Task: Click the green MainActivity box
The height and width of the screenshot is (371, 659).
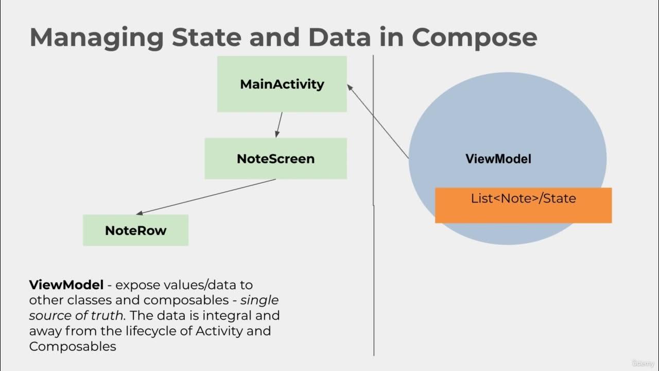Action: [x=282, y=84]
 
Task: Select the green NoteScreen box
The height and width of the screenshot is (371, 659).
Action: [x=275, y=158]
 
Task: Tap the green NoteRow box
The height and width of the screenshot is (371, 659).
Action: [x=135, y=230]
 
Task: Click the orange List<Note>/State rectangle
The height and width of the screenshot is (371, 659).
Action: [x=523, y=205]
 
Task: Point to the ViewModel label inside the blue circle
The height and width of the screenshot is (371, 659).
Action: [x=498, y=159]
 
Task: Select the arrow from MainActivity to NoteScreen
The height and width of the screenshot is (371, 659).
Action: [x=279, y=125]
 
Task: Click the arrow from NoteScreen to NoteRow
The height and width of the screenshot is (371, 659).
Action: [x=206, y=196]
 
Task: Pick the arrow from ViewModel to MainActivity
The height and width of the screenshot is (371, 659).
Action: [x=378, y=122]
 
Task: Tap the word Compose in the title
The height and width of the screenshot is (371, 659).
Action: [x=474, y=38]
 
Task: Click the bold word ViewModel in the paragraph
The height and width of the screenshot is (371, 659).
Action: [x=66, y=284]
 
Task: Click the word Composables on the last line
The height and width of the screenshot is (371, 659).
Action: [x=73, y=346]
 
